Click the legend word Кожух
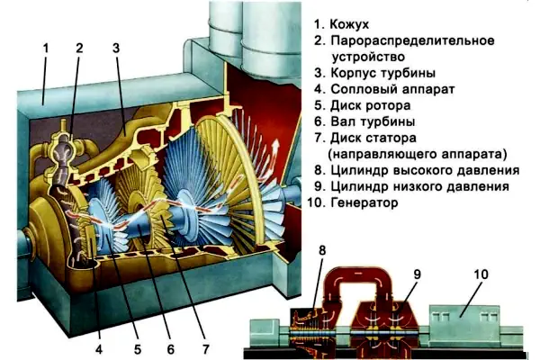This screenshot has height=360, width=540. coord(349,24)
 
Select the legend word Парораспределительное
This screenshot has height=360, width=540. coord(412,40)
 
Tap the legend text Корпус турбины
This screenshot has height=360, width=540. coord(383,73)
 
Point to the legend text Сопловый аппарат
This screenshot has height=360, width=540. coord(392,89)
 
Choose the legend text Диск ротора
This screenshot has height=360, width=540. coord(371,105)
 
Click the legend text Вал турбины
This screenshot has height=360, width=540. coord(373,121)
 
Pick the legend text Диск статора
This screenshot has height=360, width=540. coord(373,138)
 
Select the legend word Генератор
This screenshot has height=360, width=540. coord(364,202)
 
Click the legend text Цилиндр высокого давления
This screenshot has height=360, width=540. coord(425,170)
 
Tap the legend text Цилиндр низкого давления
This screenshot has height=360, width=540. coord(419,186)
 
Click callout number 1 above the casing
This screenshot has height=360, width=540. coord(46,48)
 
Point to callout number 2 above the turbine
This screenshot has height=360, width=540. coord(79,48)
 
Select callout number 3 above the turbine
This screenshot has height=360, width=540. coord(116,48)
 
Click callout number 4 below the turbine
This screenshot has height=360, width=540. coord(99,349)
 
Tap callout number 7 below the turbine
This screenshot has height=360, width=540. coord(205,349)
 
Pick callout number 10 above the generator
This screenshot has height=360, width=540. coord(481,274)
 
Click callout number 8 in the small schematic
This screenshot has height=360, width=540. coord(322,250)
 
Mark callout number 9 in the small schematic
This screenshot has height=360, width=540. coord(417,274)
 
